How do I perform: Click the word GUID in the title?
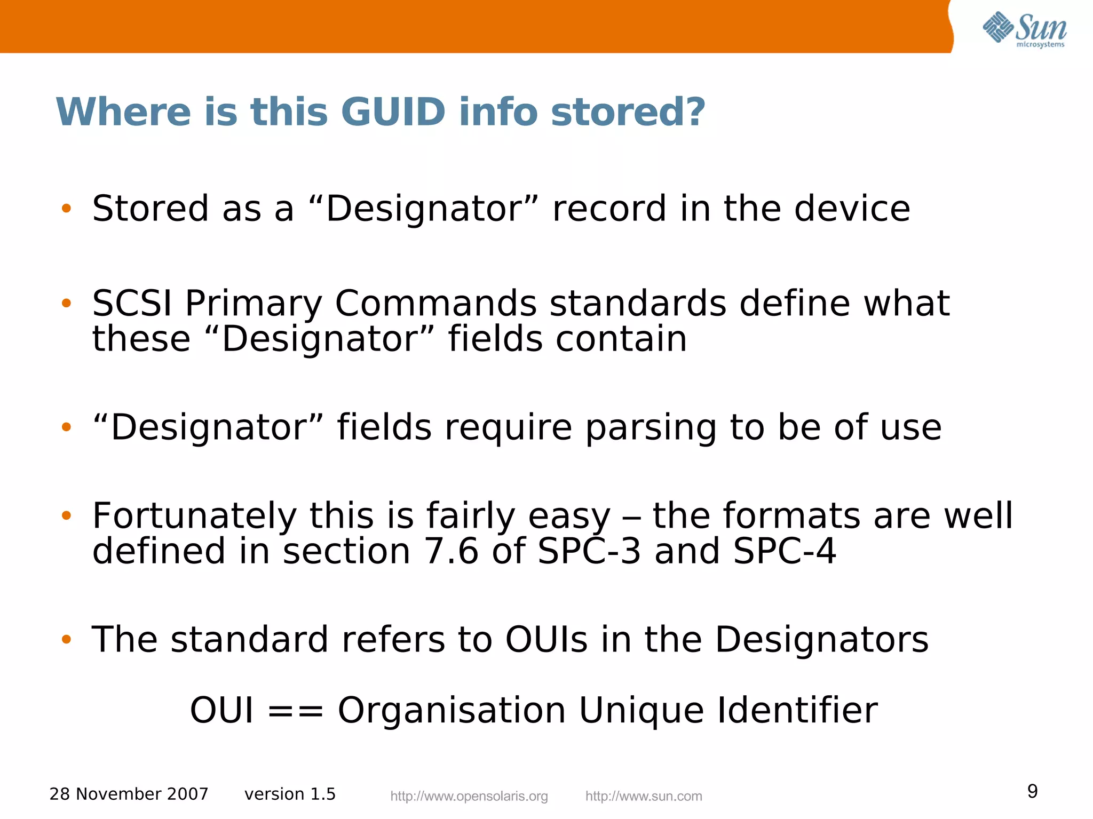(393, 112)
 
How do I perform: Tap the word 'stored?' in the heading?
(628, 112)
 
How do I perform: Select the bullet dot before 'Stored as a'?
(66, 209)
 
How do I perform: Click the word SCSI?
(132, 304)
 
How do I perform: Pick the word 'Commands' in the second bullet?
(435, 304)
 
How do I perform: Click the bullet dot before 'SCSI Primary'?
(66, 304)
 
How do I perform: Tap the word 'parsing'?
(650, 428)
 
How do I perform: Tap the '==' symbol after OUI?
(295, 711)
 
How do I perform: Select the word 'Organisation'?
(452, 711)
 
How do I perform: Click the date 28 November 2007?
(129, 794)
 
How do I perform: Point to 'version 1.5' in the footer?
(290, 794)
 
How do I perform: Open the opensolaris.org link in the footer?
(469, 797)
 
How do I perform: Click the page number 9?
(1032, 791)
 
